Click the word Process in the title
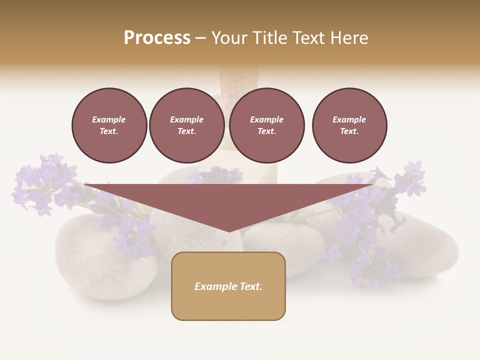tap(157, 38)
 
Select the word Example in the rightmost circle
tap(349, 119)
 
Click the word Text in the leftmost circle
tap(108, 131)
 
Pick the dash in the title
tap(201, 38)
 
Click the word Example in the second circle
tap(187, 119)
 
